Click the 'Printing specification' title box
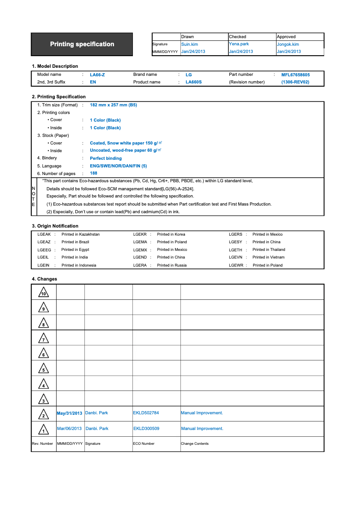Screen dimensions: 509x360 82,44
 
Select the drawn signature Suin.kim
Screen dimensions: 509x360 189,44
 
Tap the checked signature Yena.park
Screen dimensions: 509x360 239,44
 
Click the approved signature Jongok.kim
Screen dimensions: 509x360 288,44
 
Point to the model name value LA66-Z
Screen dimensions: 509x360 97,75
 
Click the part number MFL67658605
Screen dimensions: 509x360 295,75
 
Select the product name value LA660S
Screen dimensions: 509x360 193,82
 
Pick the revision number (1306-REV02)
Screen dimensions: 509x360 295,82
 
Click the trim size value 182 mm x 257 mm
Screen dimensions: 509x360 113,105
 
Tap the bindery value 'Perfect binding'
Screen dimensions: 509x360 105,158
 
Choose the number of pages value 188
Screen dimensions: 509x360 93,173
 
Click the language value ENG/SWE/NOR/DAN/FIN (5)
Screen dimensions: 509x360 118,166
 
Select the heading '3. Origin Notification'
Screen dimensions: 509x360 55,226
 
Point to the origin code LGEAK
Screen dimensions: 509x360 44,234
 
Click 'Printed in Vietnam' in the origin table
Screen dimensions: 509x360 268,257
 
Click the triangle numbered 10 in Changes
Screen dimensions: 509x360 44,293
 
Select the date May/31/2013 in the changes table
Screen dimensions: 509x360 70,413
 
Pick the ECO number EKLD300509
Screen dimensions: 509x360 146,429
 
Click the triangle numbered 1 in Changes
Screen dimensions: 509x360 44,430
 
